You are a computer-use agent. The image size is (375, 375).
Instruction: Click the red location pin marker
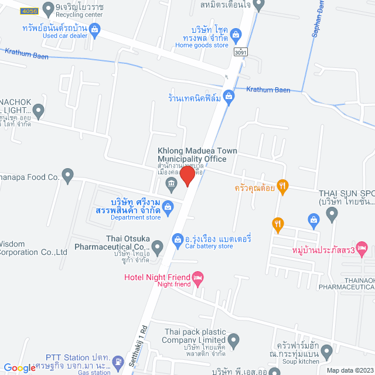click(187, 175)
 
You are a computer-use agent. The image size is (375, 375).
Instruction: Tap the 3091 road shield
click(240, 52)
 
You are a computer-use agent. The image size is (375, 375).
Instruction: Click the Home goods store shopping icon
click(236, 33)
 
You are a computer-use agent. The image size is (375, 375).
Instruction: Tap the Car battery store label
click(209, 247)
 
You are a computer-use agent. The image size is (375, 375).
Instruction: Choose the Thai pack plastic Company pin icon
click(234, 339)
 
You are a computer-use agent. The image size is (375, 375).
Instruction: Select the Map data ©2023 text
click(350, 370)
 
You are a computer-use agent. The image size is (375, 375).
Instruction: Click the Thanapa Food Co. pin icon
click(68, 174)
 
